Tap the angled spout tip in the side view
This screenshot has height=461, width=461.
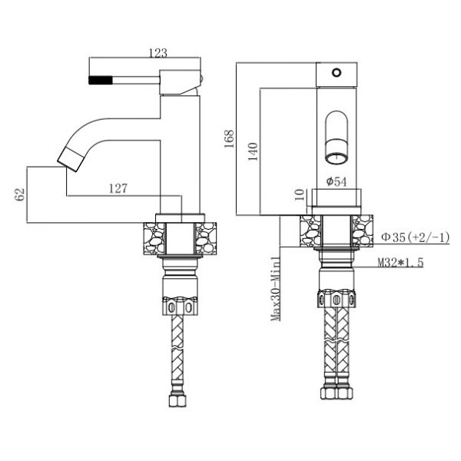pos(70,161)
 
